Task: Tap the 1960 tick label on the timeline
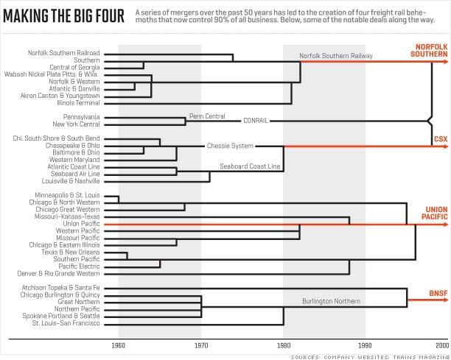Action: click(119, 345)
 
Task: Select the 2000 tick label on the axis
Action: click(441, 345)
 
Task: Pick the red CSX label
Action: click(440, 139)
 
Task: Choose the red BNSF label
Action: click(438, 293)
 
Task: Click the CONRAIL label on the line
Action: click(255, 120)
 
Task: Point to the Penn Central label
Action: click(206, 116)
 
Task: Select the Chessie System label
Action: click(230, 146)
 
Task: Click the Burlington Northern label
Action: click(332, 301)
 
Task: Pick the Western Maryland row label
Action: click(74, 159)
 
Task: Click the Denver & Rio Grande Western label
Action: click(58, 273)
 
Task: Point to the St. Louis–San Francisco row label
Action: click(66, 323)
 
